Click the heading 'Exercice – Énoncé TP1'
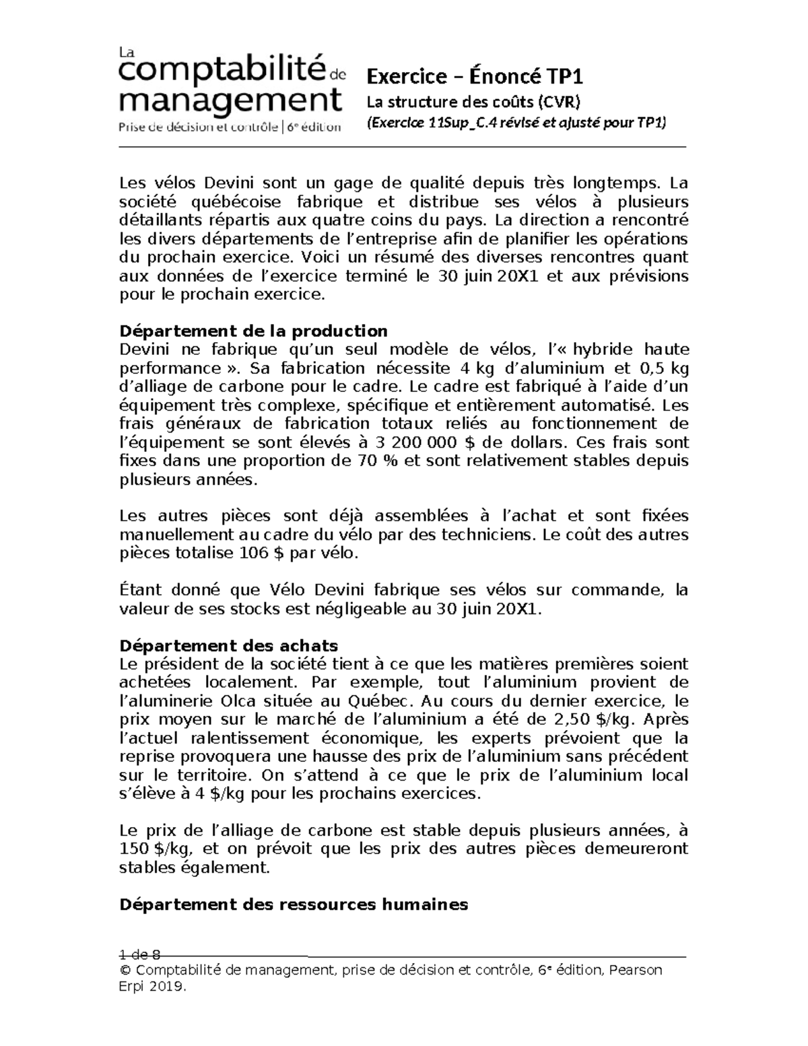(474, 77)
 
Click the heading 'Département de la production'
(253, 331)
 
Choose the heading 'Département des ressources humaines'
(293, 905)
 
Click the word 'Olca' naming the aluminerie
(236, 700)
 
